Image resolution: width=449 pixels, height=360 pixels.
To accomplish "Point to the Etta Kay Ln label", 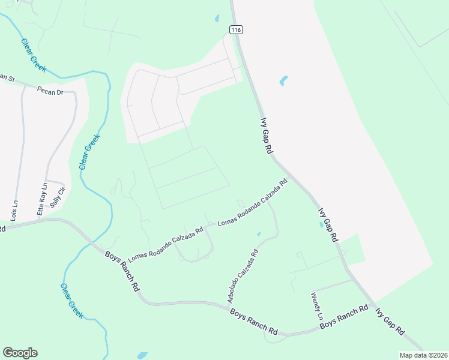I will tap(42, 199).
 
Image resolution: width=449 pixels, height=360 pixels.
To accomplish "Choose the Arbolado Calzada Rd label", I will tap(243, 275).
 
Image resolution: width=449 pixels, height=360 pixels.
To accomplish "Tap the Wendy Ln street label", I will tap(316, 305).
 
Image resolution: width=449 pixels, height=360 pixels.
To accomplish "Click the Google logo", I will tap(20, 353).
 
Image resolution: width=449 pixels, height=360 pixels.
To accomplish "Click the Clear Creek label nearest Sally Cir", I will tap(89, 151).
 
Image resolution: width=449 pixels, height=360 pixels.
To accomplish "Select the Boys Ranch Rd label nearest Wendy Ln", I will tap(343, 317).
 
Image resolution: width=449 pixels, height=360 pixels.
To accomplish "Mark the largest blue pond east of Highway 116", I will tap(283, 80).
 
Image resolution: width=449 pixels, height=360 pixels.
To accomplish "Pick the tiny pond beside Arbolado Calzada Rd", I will tap(259, 233).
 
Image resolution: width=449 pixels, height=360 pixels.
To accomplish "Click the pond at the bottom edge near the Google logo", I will tap(142, 355).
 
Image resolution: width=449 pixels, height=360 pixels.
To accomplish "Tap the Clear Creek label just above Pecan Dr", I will tap(33, 55).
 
